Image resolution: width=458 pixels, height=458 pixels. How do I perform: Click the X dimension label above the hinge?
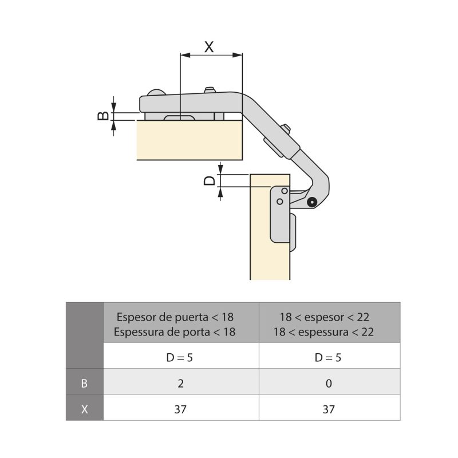pyautogui.click(x=209, y=47)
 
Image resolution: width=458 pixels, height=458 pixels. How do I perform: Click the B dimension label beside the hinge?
pyautogui.click(x=103, y=116)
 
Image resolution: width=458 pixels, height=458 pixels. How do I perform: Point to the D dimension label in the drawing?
pyautogui.click(x=209, y=180)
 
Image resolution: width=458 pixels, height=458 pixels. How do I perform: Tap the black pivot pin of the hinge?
pyautogui.click(x=312, y=202)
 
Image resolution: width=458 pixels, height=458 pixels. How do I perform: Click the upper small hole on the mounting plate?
pyautogui.click(x=284, y=191)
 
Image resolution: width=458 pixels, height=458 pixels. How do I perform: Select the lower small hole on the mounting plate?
pyautogui.click(x=280, y=202)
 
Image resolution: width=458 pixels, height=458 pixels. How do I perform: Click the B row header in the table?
pyautogui.click(x=84, y=384)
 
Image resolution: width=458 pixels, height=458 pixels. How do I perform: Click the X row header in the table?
pyautogui.click(x=84, y=409)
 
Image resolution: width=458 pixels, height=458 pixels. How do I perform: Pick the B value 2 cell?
pyautogui.click(x=180, y=384)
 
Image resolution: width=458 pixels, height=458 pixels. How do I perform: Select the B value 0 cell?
pyautogui.click(x=329, y=384)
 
